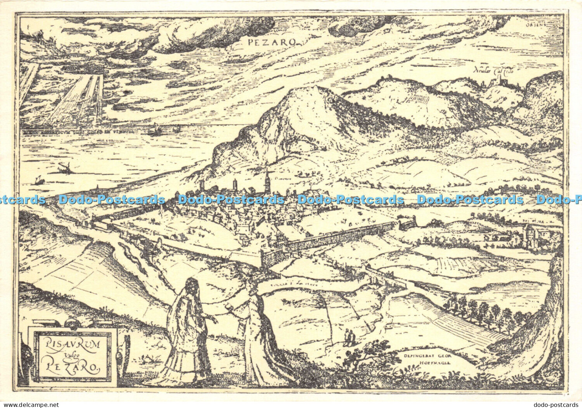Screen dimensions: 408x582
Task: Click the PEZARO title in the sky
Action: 272,42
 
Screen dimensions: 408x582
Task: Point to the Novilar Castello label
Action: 493,71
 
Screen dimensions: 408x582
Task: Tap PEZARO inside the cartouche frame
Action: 72,368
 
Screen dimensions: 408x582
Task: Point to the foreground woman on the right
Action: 258,335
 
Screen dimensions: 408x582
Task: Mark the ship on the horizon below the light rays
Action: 154,131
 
